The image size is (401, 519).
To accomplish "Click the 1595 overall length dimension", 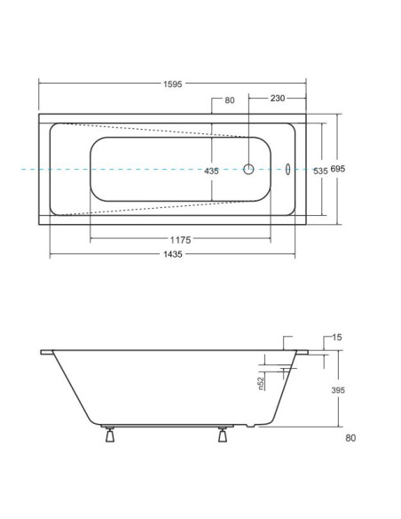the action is click(172, 84).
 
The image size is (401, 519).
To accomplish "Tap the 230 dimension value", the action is click(278, 99).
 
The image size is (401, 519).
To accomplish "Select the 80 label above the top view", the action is click(230, 100).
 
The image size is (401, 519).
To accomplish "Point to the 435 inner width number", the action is click(211, 172).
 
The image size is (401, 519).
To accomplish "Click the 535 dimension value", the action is click(320, 172).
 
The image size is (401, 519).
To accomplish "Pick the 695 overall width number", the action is click(338, 169).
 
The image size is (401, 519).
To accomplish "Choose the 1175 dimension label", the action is click(180, 240).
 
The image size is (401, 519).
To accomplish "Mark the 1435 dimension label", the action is click(173, 254).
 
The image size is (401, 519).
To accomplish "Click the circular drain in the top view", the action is click(248, 169).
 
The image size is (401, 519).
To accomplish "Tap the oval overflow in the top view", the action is click(287, 169).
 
